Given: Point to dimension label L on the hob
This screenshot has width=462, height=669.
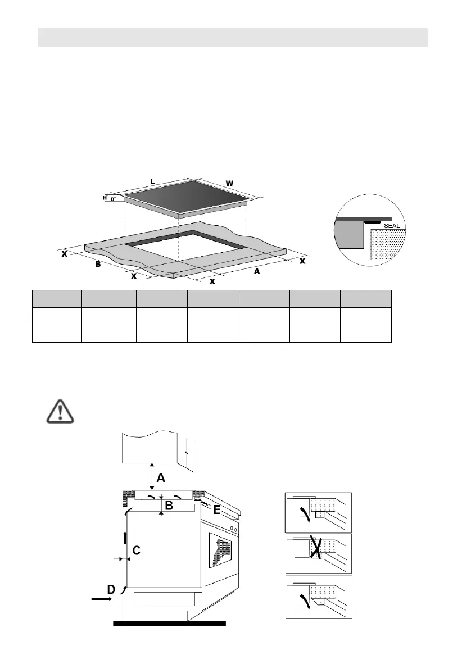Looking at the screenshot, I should coord(153,181).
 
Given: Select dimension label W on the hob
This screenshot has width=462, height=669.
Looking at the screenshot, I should coord(230,184).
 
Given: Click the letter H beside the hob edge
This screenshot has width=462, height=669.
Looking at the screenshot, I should coord(105,198).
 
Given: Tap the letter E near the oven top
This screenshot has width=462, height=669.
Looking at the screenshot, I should coord(217,510).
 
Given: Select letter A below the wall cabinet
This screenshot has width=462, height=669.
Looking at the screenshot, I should coord(161,478).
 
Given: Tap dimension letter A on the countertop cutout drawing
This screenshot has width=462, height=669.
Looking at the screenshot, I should coord(257,271).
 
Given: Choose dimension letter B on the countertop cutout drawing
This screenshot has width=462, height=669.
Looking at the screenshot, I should coord(98,263).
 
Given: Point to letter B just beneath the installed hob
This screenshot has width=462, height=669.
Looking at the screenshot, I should coord(169,506).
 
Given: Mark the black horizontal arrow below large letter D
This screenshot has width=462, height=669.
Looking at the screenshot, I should coord(102,599).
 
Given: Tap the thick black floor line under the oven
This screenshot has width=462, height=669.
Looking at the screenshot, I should coord(169,623).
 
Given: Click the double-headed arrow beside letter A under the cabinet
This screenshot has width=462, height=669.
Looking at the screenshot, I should coord(151,476).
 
